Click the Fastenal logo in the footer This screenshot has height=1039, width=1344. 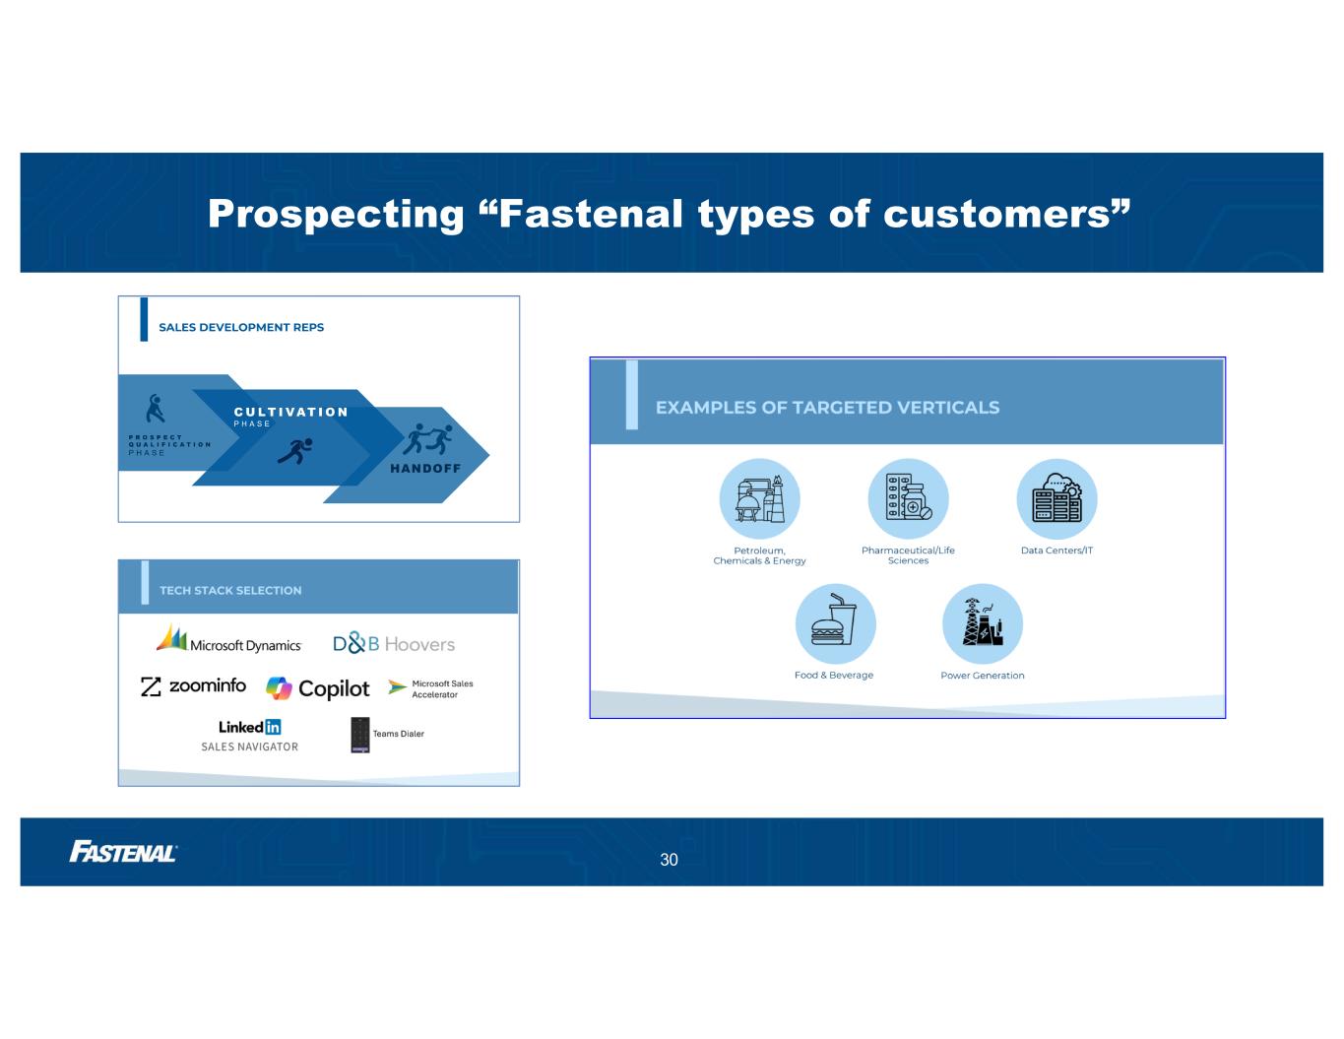[123, 852]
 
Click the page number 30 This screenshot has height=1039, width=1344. [669, 860]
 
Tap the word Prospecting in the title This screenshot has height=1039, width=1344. [336, 214]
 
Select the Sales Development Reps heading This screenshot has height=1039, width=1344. [241, 327]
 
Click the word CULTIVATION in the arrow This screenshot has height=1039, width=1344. [290, 412]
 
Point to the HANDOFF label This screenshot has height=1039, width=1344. [425, 468]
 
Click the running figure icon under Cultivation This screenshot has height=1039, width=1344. [295, 451]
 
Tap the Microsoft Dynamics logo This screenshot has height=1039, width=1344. [228, 639]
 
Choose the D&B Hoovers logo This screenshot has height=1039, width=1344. [394, 644]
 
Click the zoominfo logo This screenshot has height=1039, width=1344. [193, 685]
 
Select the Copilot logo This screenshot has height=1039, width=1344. [317, 688]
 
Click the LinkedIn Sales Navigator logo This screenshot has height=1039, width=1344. [249, 736]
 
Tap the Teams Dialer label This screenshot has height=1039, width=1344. [399, 734]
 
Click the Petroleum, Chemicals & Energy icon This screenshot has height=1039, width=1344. [759, 498]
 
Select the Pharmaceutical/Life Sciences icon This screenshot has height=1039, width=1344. [908, 498]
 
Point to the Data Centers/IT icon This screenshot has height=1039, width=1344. [1057, 498]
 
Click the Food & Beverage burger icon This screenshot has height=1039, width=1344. [836, 623]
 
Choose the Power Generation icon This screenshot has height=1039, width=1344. [983, 623]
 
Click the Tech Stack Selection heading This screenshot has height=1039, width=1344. [230, 591]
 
